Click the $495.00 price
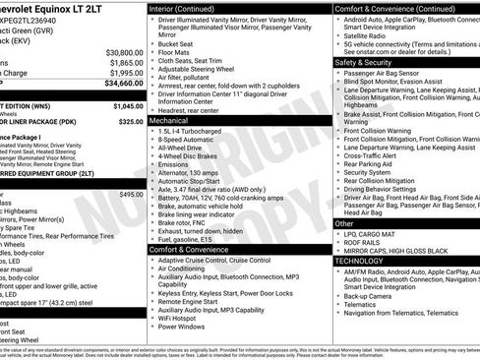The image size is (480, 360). click(x=130, y=195)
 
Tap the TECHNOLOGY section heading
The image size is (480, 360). click(x=362, y=261)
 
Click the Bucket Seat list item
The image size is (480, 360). click(x=176, y=44)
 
